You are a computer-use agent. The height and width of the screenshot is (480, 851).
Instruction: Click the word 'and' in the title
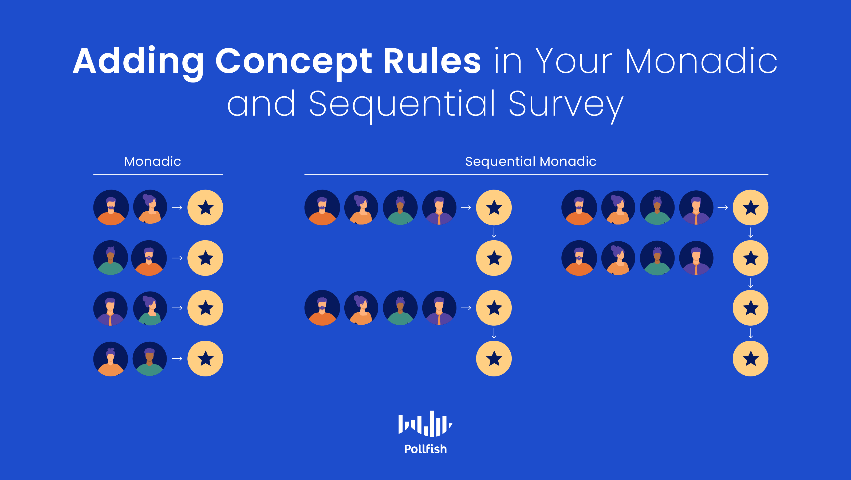(261, 103)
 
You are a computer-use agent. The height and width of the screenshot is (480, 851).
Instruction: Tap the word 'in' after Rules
(507, 61)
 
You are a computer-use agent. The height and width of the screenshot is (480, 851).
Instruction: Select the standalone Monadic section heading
(153, 161)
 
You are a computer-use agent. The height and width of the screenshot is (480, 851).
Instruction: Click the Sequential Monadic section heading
(531, 162)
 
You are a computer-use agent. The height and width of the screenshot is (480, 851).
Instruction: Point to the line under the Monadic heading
(158, 174)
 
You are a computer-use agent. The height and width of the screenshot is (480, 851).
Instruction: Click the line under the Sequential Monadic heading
(536, 174)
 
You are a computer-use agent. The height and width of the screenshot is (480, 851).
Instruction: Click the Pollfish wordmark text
(425, 449)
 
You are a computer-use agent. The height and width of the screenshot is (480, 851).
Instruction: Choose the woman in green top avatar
(150, 308)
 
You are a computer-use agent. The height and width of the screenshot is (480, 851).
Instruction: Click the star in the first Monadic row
(205, 207)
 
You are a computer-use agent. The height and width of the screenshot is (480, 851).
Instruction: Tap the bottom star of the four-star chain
(751, 359)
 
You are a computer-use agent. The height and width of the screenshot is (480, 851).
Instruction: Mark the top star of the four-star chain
(751, 207)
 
